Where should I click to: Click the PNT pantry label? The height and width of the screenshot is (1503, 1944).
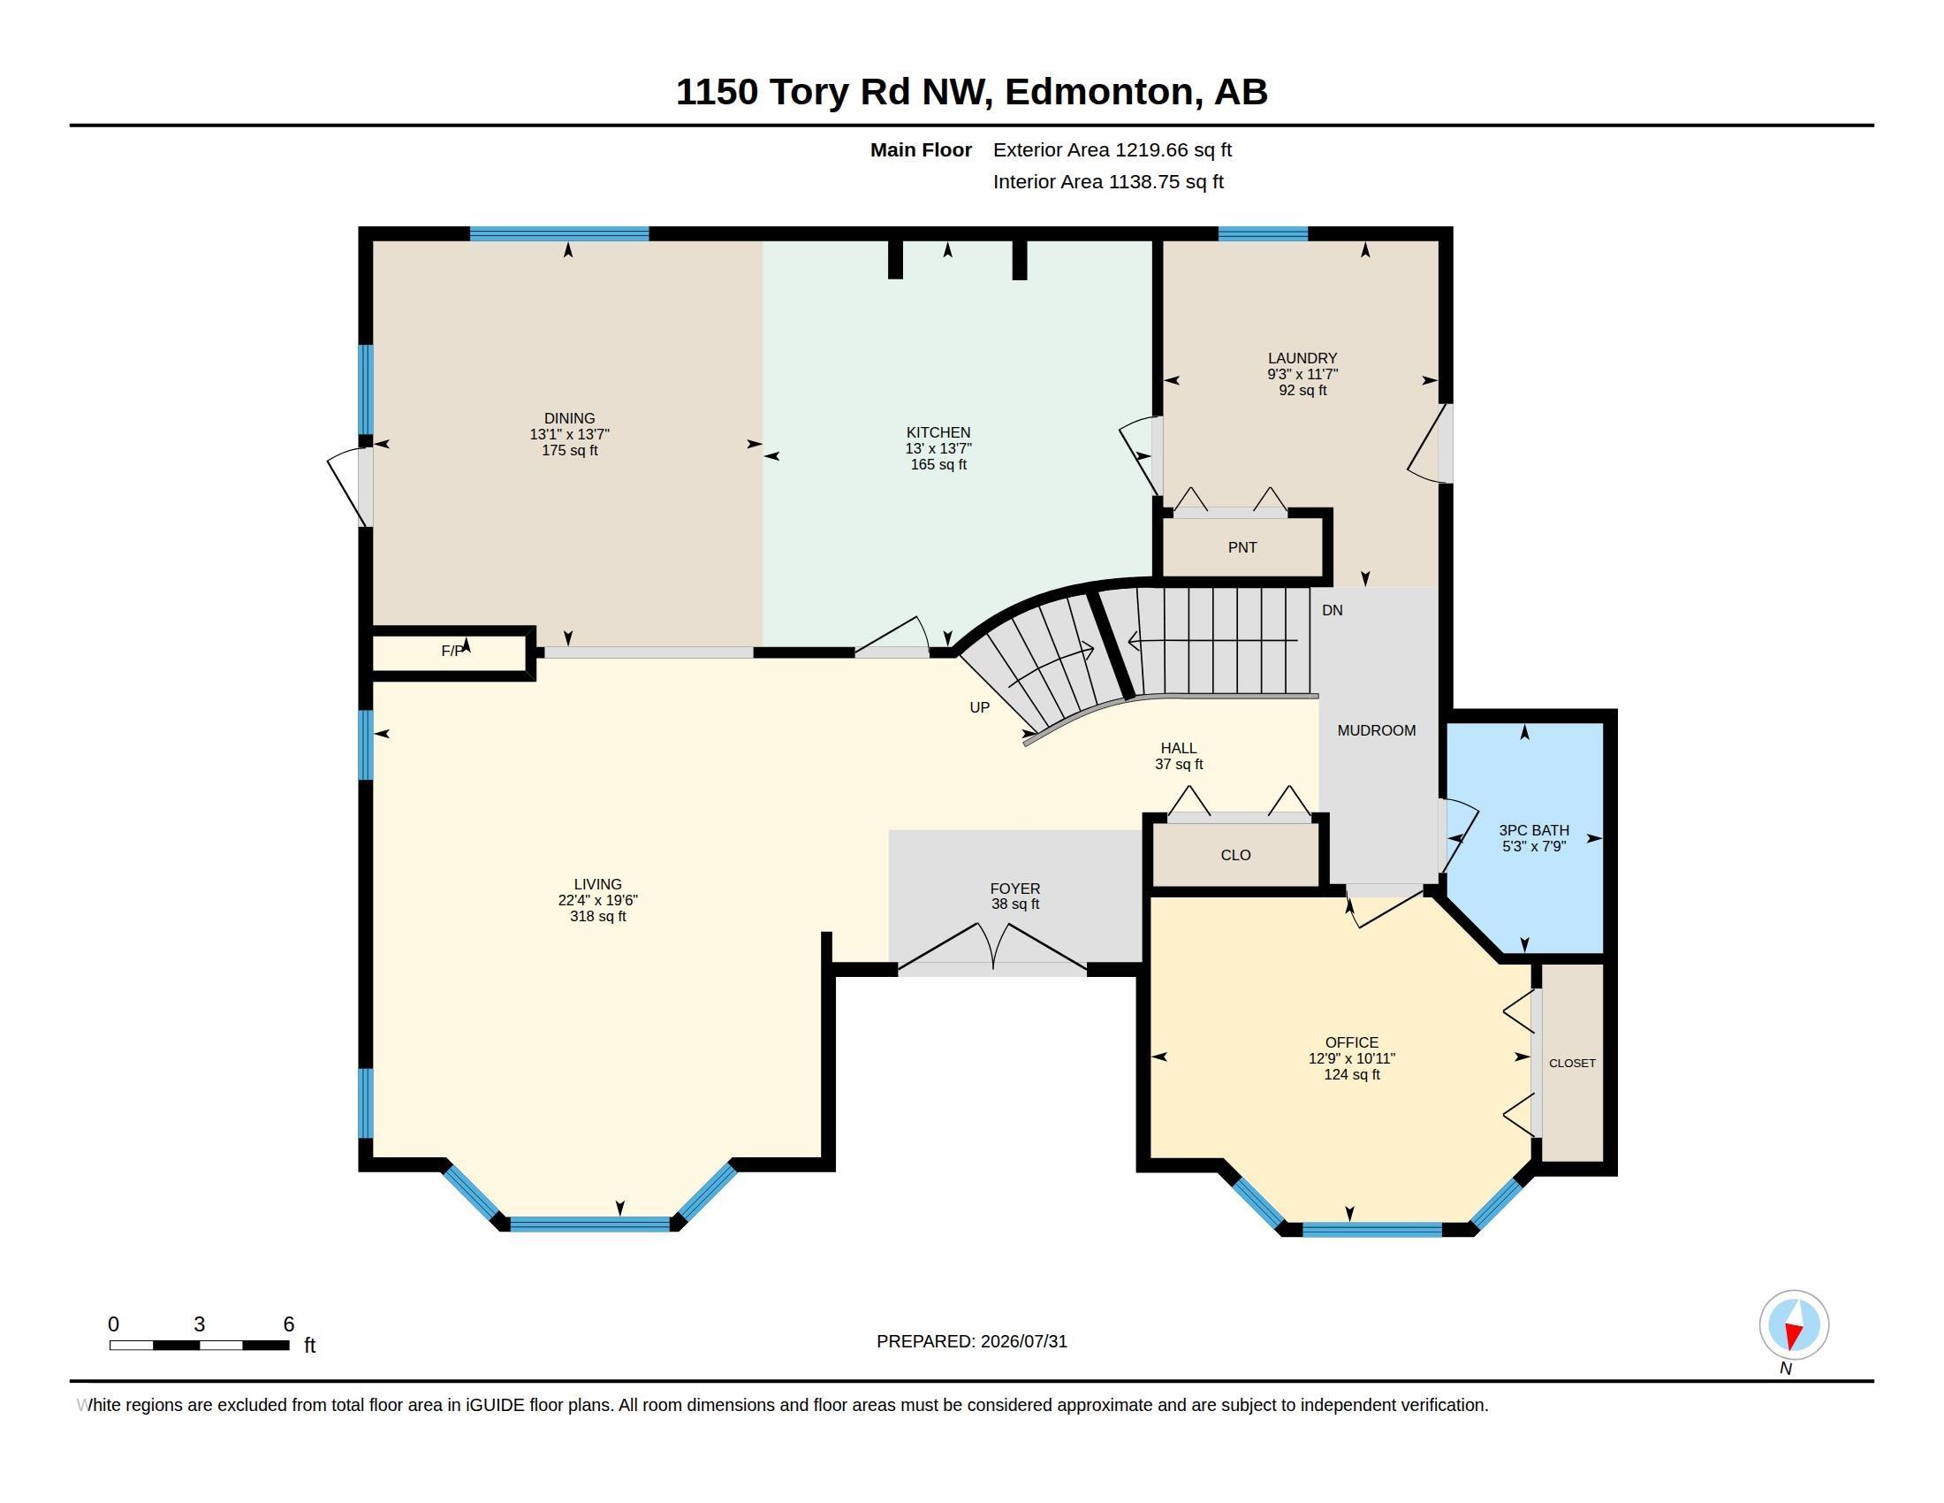(1242, 547)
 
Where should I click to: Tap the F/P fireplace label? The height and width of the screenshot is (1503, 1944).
(452, 651)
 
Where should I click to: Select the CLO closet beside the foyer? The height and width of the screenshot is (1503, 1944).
(1235, 855)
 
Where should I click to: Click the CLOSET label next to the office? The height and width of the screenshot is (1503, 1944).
(1572, 1063)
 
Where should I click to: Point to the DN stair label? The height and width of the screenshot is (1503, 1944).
(1332, 610)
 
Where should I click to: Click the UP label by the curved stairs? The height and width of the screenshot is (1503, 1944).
(979, 707)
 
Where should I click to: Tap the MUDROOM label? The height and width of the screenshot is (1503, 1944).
(1376, 730)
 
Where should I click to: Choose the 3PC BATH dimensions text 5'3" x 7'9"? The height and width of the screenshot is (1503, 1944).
(1534, 846)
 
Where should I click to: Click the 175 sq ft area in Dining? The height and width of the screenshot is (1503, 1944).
(570, 451)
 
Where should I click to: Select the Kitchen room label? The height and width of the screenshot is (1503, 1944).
(938, 432)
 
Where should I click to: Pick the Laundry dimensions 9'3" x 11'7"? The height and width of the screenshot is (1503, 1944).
(1302, 375)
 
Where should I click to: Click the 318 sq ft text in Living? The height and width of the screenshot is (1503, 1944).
(598, 916)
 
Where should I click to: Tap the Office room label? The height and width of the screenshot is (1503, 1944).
(1351, 1042)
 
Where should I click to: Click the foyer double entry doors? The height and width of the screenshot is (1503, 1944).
(992, 948)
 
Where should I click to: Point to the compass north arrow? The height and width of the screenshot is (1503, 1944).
(1793, 1325)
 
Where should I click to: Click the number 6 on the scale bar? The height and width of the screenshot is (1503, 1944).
(288, 1324)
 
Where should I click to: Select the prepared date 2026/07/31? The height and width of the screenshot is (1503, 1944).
(1023, 1341)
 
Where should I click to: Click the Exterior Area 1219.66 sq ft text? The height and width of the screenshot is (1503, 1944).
(1112, 150)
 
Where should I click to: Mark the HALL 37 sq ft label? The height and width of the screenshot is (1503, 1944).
(1179, 756)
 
